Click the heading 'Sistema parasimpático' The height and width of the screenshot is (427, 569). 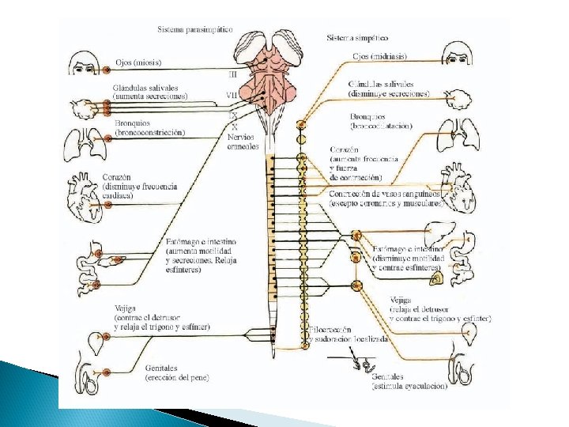point(194,28)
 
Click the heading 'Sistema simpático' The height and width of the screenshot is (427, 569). point(357,37)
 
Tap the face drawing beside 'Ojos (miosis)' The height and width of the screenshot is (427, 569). point(84,63)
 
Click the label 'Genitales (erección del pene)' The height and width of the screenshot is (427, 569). point(176,372)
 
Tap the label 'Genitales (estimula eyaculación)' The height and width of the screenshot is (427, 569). point(409,382)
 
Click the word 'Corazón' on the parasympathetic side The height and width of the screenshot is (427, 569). point(117,177)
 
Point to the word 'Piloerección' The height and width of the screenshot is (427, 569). point(330,329)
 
